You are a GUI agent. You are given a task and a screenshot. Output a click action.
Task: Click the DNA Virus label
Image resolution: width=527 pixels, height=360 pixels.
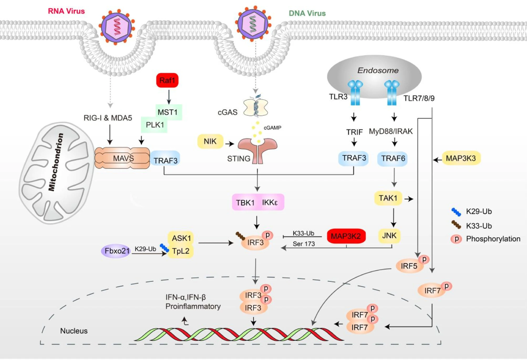tap(307, 13)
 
